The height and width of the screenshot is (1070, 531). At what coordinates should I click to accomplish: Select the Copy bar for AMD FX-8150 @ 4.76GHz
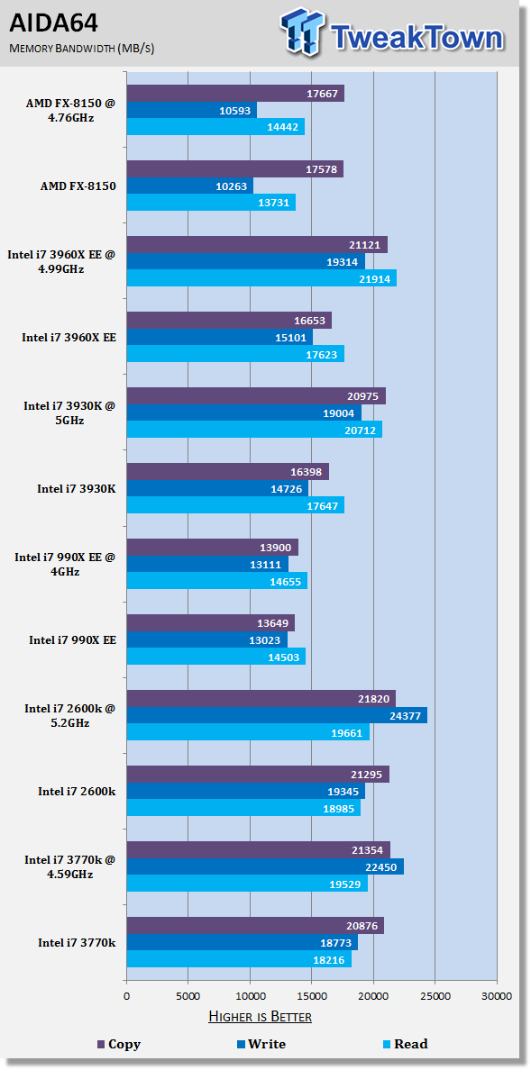(x=235, y=94)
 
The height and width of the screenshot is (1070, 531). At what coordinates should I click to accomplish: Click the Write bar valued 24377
(x=277, y=715)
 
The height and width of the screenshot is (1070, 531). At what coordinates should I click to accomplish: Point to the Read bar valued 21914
(x=261, y=277)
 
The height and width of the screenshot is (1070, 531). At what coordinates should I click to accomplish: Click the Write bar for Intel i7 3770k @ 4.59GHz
(x=265, y=866)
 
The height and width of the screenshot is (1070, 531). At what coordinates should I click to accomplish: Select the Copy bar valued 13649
(x=210, y=623)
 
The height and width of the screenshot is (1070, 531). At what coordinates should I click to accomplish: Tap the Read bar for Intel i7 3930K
(x=235, y=505)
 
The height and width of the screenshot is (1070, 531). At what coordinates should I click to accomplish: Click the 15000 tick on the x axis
(x=312, y=995)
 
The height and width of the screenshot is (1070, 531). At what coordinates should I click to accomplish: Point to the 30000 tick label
(x=496, y=995)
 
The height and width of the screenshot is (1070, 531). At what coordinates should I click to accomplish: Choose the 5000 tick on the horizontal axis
(x=188, y=995)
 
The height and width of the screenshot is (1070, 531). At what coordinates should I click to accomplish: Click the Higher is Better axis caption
(x=260, y=1017)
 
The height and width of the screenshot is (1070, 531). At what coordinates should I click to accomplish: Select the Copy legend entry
(x=119, y=1044)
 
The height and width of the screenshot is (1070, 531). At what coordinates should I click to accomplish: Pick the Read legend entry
(x=405, y=1044)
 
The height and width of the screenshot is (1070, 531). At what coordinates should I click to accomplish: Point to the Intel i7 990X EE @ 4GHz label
(x=65, y=565)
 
